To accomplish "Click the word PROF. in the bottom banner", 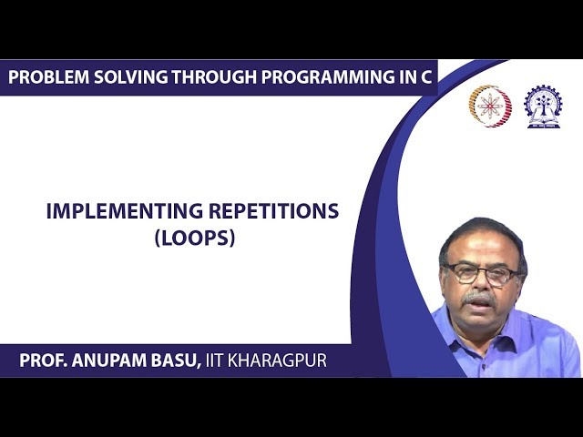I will [x=45, y=361].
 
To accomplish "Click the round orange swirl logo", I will [x=489, y=106].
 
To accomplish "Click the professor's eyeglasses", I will [x=480, y=273].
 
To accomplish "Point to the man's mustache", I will [x=479, y=298].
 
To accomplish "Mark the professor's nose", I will [x=480, y=285].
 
